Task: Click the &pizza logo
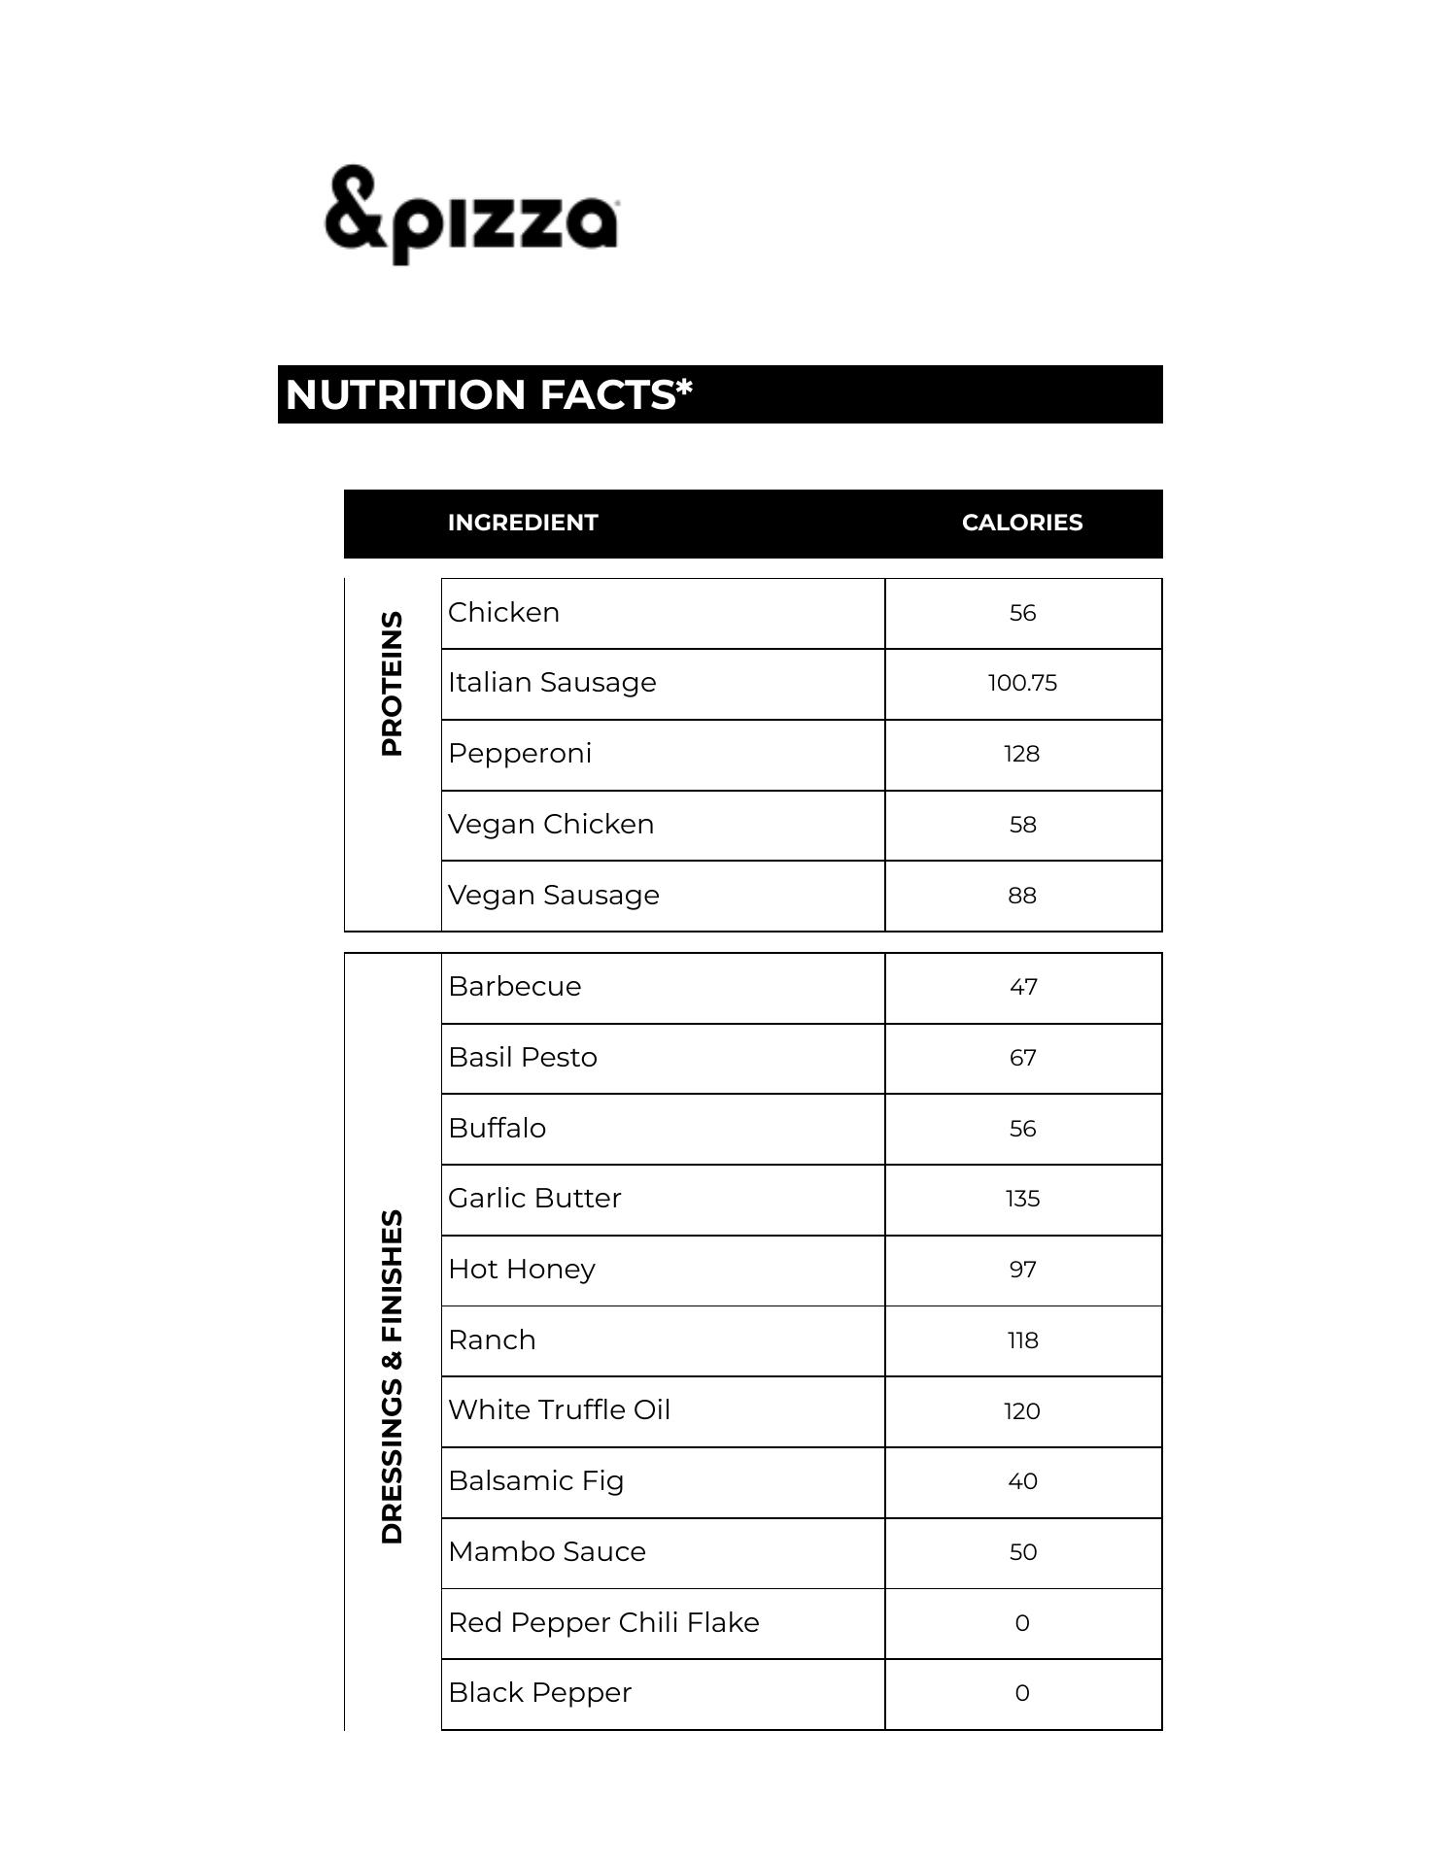(x=471, y=215)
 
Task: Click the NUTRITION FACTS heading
(x=489, y=395)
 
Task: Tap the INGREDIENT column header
(x=523, y=523)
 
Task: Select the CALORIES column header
(x=1021, y=523)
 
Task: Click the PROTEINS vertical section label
(x=392, y=683)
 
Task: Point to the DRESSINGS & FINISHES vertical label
(x=392, y=1375)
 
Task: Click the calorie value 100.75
(x=1022, y=683)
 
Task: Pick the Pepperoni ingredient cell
(x=520, y=754)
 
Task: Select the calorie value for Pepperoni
(x=1022, y=754)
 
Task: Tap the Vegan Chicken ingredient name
(x=551, y=825)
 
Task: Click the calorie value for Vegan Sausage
(x=1022, y=896)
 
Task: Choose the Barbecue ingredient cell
(x=515, y=987)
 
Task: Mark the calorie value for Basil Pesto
(x=1022, y=1058)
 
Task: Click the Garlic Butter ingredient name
(x=534, y=1199)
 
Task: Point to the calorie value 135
(x=1022, y=1199)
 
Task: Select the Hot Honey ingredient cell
(x=522, y=1270)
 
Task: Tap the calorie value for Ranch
(x=1022, y=1340)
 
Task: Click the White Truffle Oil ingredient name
(x=559, y=1410)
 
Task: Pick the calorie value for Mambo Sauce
(x=1022, y=1552)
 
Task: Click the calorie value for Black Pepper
(x=1022, y=1693)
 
